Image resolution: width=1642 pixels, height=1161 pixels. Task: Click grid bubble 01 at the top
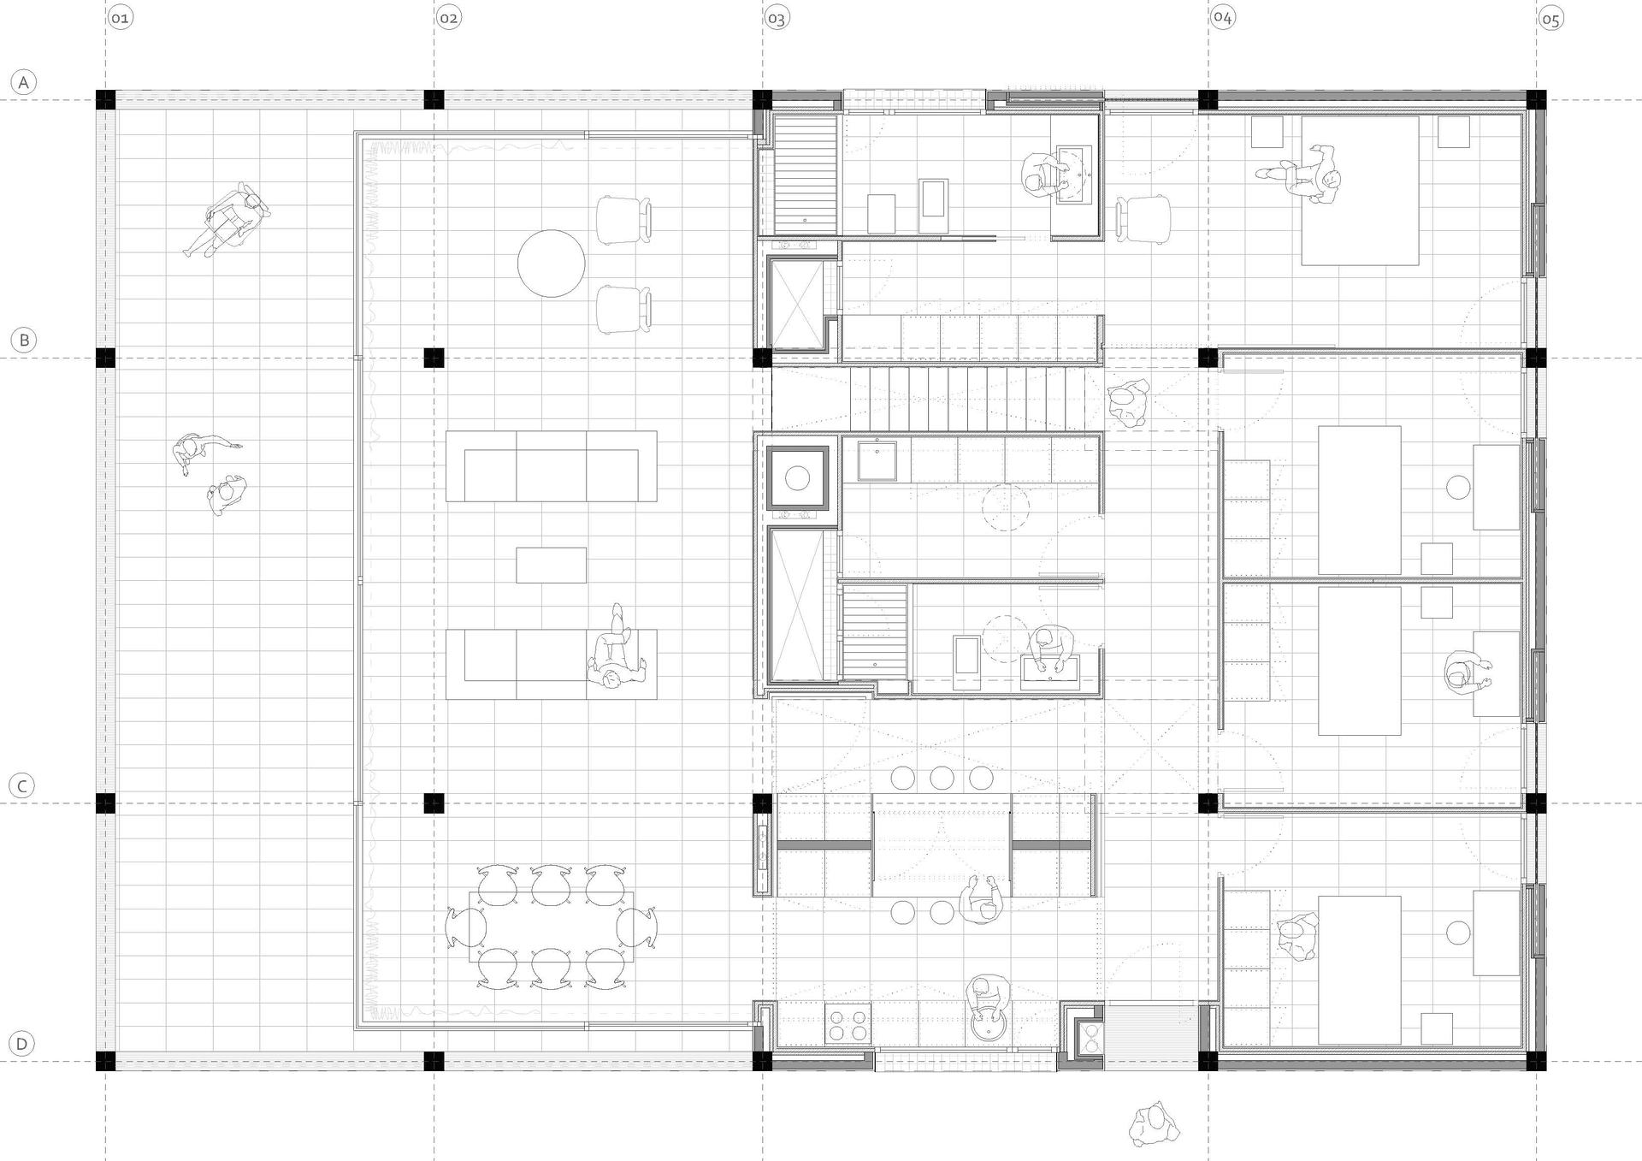tap(121, 18)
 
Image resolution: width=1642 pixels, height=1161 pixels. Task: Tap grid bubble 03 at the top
tap(777, 18)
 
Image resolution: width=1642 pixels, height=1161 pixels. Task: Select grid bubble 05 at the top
tap(1551, 19)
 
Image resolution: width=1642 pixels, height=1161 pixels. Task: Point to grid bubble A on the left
tap(23, 82)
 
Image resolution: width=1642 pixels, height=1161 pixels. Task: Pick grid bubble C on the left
tap(22, 785)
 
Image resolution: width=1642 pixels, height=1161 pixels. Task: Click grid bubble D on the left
tap(22, 1044)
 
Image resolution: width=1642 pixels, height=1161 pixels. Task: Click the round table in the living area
tap(552, 263)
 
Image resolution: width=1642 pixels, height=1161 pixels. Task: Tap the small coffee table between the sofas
tap(552, 566)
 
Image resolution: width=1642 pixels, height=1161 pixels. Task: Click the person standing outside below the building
tap(1152, 1124)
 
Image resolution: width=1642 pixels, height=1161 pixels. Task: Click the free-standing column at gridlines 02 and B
tap(434, 358)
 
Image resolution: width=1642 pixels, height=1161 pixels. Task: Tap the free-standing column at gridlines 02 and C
tap(434, 803)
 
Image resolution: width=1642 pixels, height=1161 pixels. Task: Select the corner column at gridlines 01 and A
tap(105, 99)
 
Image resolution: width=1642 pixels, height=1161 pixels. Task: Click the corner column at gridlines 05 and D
tap(1536, 1061)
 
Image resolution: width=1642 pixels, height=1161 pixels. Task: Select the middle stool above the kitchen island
tap(942, 778)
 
